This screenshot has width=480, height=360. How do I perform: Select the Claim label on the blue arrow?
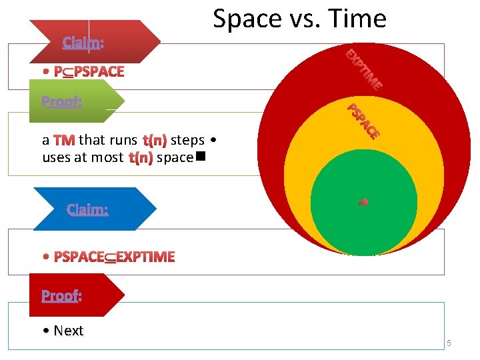(87, 209)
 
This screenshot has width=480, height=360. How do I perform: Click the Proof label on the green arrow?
(62, 102)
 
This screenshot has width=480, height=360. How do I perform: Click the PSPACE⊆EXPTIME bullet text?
(113, 257)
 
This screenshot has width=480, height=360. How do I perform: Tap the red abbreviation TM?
(64, 141)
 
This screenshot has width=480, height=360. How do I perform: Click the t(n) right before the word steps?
(154, 141)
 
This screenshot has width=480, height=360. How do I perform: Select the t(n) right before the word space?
(141, 158)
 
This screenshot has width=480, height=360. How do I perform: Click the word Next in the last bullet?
(69, 331)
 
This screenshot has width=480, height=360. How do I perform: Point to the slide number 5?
(449, 343)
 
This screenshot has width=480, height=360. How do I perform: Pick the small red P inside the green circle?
(363, 201)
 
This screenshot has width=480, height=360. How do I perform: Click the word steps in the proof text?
(187, 141)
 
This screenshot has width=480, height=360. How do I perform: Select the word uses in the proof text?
(55, 158)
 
